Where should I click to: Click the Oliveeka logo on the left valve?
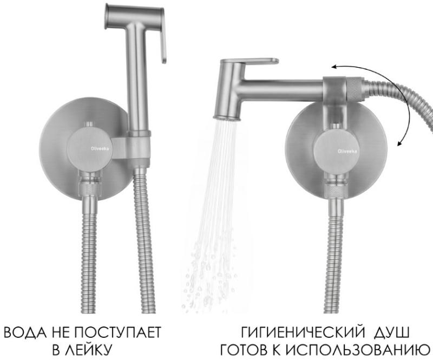pos(100,148)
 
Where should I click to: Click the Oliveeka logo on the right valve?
pos(347,151)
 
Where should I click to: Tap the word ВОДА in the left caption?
pos(26,332)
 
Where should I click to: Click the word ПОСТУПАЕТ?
pos(117,332)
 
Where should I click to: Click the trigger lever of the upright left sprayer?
pos(163,36)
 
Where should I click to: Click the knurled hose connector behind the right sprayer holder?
pos(355,89)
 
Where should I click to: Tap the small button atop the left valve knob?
pos(89,124)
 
